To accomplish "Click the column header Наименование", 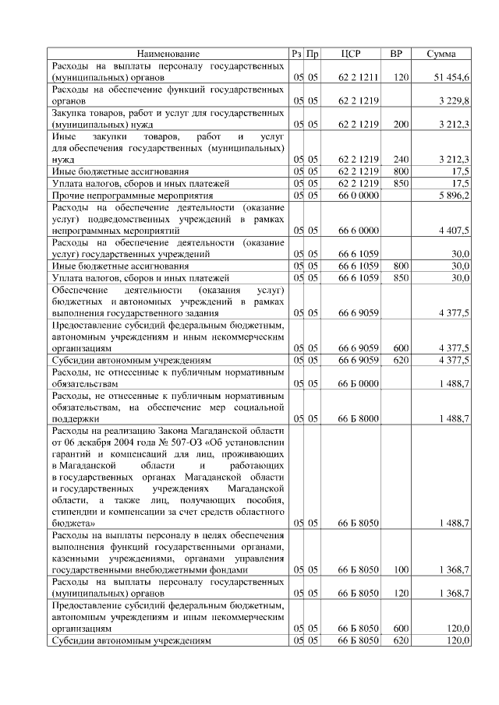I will (168, 54).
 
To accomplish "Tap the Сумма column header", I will (447, 54).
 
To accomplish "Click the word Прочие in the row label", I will (67, 195).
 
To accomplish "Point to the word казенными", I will (78, 559).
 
